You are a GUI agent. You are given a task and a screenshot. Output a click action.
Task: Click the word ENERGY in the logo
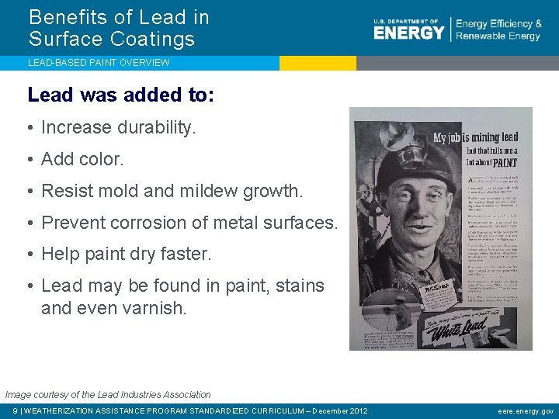pos(409,32)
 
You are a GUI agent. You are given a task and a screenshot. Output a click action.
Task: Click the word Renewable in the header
pos(477,36)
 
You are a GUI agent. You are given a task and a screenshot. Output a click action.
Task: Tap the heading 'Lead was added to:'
pos(120,95)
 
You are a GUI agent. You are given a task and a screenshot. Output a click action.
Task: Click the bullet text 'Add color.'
pos(82,159)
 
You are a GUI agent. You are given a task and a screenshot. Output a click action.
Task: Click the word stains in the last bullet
pos(300,286)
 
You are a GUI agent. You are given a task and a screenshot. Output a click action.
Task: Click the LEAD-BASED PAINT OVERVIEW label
pos(99,62)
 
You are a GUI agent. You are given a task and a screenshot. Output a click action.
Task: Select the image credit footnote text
pos(108,395)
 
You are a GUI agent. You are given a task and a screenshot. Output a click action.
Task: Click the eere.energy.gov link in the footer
pos(526,411)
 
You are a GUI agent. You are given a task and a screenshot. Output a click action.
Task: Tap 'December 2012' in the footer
pos(340,411)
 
